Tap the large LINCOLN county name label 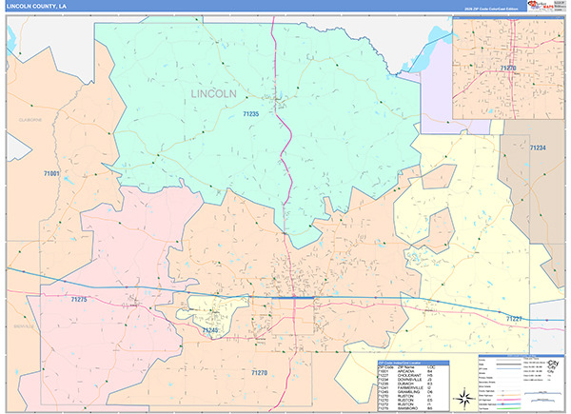pyautogui.click(x=213, y=94)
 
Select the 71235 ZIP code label pyautogui.click(x=250, y=114)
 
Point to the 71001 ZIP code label pyautogui.click(x=51, y=173)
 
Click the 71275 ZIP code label pyautogui.click(x=78, y=300)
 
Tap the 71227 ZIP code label pyautogui.click(x=514, y=317)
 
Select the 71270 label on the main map pyautogui.click(x=260, y=371)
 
